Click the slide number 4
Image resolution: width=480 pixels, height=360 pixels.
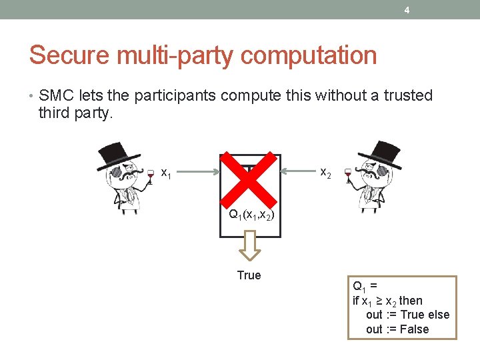tap(406, 10)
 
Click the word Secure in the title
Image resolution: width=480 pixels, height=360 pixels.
tap(66, 55)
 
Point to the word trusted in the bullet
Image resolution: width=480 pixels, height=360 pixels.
tap(403, 96)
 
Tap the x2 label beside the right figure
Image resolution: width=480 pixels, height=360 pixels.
tap(326, 172)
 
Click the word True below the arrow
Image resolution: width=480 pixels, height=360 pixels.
tap(249, 275)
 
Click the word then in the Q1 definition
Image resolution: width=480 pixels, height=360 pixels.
tap(411, 301)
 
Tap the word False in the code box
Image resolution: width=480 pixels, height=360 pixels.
tap(413, 329)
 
